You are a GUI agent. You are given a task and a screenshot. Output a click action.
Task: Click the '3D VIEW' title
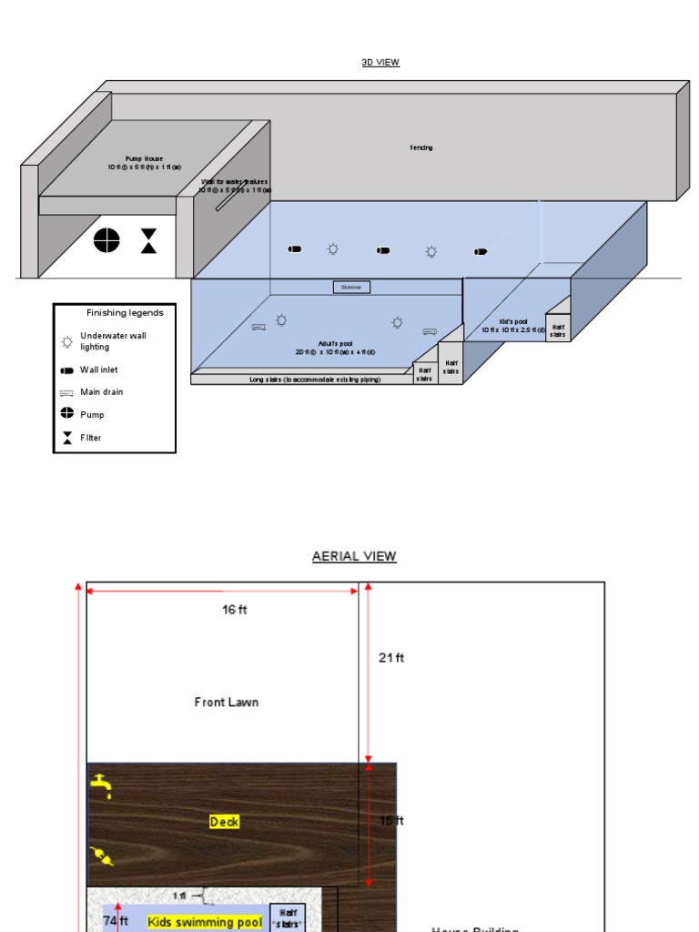click(x=380, y=63)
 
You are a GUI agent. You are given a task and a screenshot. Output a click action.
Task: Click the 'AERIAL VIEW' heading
click(x=354, y=556)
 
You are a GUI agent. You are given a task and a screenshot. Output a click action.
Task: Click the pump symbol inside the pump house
click(x=106, y=240)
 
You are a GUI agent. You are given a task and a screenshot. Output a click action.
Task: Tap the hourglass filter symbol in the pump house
click(x=148, y=241)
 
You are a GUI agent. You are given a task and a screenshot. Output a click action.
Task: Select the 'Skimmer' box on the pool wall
click(x=351, y=288)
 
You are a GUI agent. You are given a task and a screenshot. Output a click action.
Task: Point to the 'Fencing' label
click(x=420, y=147)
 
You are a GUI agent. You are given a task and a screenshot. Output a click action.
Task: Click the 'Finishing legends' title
click(x=125, y=313)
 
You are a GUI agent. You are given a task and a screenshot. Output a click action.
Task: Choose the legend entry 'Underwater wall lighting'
click(x=112, y=341)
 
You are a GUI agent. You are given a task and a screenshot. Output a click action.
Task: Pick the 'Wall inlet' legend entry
click(x=98, y=370)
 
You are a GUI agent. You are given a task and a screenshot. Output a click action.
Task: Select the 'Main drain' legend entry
click(x=101, y=392)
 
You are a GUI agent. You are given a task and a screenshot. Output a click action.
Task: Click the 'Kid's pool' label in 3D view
click(x=513, y=326)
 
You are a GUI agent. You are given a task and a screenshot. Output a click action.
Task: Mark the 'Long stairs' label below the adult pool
click(x=300, y=380)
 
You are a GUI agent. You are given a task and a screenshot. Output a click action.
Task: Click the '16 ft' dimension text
click(x=235, y=610)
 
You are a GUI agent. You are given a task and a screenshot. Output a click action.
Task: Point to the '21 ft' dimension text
click(x=391, y=658)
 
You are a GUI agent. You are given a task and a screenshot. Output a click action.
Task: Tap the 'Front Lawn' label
click(x=227, y=702)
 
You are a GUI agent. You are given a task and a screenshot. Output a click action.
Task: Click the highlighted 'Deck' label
click(x=225, y=822)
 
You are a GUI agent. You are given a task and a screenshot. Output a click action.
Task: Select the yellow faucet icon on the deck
click(x=101, y=785)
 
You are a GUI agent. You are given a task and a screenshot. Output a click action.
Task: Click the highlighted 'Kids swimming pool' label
click(x=204, y=922)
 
